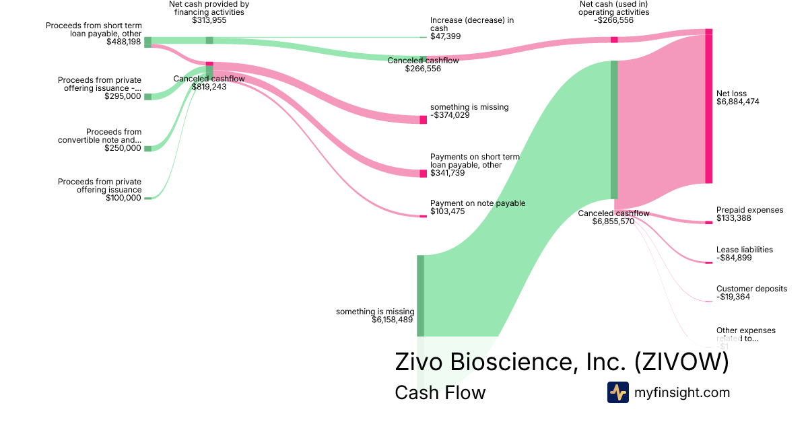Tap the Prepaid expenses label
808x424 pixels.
749,210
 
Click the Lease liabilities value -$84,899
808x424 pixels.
734,258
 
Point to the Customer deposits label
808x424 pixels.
751,289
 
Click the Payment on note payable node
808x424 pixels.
423,216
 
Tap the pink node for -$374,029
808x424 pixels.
423,120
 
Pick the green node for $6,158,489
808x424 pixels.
420,295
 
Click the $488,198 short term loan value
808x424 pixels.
124,42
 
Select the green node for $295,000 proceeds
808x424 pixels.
148,96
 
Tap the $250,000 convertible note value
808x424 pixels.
123,148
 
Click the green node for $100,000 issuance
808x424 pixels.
148,199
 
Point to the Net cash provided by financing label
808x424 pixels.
209,8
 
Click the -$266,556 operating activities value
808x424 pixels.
613,20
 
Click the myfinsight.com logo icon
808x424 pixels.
617,392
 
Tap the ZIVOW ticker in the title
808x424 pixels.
681,362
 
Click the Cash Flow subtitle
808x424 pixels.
440,392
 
